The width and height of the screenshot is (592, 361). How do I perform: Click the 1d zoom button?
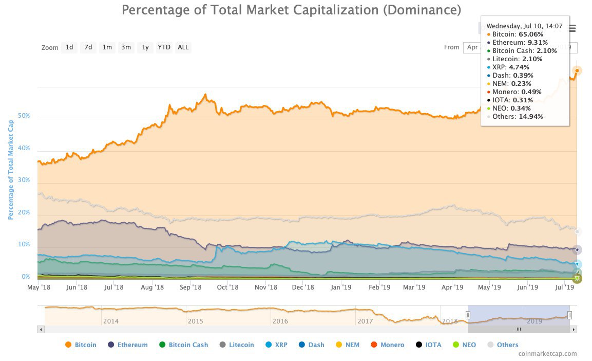69,47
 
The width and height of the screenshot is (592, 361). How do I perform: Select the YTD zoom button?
164,47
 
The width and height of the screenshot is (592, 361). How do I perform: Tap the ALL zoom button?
183,47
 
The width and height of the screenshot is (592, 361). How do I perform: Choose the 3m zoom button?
126,47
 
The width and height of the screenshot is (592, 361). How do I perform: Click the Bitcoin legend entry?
81,345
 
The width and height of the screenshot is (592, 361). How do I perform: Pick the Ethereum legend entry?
128,345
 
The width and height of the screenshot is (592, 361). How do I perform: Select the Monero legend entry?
387,345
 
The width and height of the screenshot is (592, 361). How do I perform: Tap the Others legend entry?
502,345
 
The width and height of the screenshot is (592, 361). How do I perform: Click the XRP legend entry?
276,345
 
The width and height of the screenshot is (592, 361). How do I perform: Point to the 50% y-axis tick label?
24,116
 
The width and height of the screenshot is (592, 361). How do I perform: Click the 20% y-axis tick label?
24,213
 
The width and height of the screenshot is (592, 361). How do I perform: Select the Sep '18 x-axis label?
190,287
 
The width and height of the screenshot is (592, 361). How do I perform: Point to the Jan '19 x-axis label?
341,287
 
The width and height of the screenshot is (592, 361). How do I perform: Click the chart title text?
291,10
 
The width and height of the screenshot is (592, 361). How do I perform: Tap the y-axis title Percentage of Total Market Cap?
11,169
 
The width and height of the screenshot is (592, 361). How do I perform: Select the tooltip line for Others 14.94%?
517,116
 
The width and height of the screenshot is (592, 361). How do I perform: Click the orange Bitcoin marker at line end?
577,70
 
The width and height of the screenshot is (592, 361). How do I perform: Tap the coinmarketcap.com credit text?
547,354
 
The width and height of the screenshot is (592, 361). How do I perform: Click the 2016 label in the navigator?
280,321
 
